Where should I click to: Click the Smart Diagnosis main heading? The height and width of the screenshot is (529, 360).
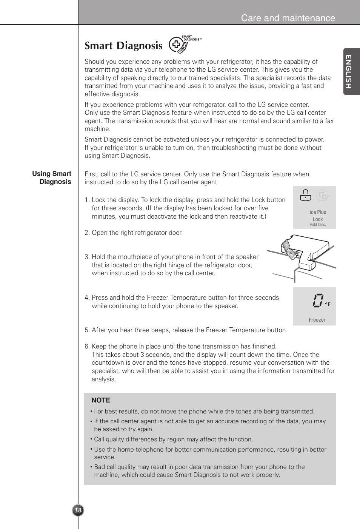point(123,46)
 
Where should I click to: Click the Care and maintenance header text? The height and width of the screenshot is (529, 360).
point(288,18)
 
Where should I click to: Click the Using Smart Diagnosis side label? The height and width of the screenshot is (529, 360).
point(52,177)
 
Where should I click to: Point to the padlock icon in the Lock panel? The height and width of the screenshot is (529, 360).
point(305,195)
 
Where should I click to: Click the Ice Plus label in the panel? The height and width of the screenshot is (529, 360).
point(318,212)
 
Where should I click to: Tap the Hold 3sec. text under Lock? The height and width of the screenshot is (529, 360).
point(318,225)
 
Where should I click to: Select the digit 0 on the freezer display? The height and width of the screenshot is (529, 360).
point(317,301)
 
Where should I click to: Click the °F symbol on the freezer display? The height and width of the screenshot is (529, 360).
point(328,304)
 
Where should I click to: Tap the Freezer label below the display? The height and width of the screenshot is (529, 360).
point(317,320)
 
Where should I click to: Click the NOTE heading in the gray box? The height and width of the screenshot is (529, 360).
point(101,400)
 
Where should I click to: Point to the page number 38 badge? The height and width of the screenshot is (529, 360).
point(78,510)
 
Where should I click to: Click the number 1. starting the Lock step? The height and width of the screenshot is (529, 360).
point(87,200)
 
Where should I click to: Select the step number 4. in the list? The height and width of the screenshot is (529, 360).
point(87,298)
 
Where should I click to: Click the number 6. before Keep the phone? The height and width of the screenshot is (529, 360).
point(87,347)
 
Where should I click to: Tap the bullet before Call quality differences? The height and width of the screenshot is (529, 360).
point(91,439)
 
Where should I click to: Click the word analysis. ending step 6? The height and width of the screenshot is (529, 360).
point(104,379)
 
